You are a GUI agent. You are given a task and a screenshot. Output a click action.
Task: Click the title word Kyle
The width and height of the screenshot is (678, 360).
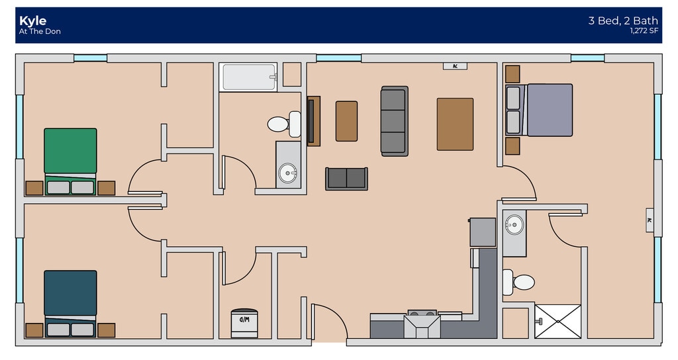point(32,21)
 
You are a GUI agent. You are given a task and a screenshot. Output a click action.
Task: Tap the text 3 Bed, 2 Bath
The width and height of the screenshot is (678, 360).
point(622,21)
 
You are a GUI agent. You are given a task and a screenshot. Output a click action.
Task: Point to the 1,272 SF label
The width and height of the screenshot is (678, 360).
point(644,30)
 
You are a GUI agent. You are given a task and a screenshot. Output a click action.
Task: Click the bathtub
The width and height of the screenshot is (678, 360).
point(249,77)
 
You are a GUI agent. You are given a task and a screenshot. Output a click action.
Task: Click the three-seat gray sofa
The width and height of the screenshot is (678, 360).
point(394,121)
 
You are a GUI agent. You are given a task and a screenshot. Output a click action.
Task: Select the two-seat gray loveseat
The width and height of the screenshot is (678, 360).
point(346,178)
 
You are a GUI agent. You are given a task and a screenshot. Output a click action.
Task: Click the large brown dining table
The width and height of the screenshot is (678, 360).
point(455,124)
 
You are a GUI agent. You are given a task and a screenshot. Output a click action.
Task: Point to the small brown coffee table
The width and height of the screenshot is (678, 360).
point(346,121)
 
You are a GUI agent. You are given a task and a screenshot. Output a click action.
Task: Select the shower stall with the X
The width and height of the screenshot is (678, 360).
point(557,321)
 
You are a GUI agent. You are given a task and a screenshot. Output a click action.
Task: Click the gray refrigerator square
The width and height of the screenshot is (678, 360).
point(482,232)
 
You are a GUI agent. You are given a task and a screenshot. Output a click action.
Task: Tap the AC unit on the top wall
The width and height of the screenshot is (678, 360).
point(455,66)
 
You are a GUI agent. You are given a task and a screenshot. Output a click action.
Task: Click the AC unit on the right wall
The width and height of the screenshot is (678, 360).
point(650,220)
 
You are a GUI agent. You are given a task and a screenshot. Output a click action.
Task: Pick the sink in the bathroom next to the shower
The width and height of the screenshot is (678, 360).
point(513,225)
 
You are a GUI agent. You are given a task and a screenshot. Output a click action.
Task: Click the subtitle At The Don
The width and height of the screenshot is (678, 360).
point(40,32)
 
